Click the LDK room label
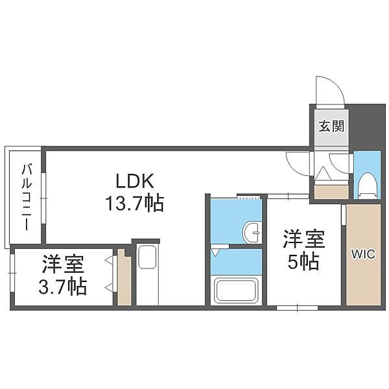[x=135, y=181]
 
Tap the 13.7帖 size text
[x=135, y=203]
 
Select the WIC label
[x=363, y=254]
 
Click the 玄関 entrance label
[x=331, y=126]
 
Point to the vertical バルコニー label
[x=27, y=197]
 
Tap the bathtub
[x=236, y=290]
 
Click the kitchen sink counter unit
[x=147, y=275]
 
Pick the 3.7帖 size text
[x=62, y=287]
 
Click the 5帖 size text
[x=303, y=262]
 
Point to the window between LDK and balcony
[x=43, y=198]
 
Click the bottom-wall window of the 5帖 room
[x=297, y=308]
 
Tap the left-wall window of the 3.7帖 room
[x=12, y=273]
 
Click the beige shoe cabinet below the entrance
[x=331, y=192]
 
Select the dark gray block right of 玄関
[x=366, y=126]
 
